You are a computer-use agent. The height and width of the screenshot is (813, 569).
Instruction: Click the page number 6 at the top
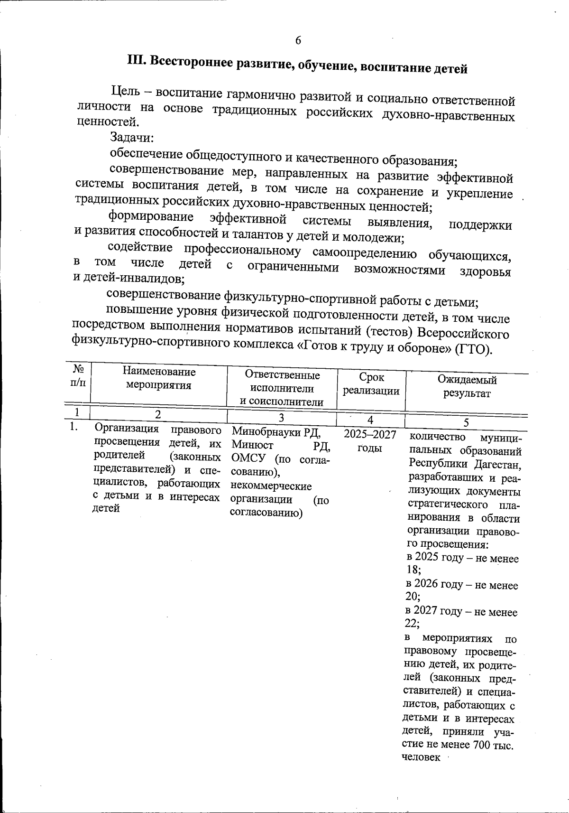tap(298, 41)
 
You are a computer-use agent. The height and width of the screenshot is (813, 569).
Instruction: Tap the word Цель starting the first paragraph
tap(125, 90)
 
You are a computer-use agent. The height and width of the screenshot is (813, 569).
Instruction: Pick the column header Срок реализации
tap(371, 384)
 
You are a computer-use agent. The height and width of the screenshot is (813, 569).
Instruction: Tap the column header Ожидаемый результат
tap(467, 386)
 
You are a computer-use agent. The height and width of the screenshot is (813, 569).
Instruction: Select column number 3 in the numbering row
tap(281, 417)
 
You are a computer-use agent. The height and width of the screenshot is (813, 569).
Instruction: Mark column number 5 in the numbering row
tap(466, 422)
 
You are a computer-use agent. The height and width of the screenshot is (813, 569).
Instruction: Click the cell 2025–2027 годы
tap(370, 441)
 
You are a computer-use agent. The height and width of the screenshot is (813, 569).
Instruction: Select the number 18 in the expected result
tap(413, 570)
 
